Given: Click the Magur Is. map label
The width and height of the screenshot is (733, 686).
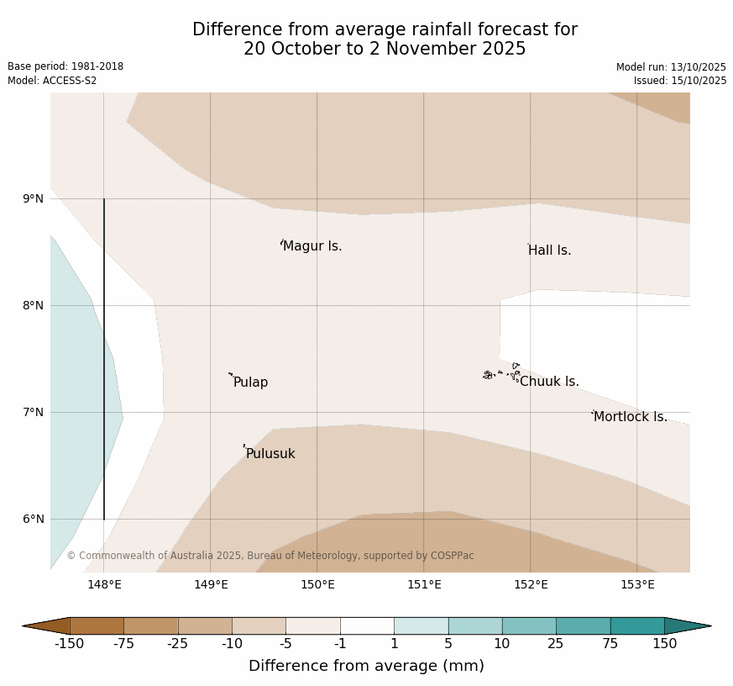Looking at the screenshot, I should click(x=312, y=246).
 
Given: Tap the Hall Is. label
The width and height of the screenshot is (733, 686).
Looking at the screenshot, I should click(x=550, y=251).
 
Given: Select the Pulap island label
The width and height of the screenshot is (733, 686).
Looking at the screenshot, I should click(x=250, y=383).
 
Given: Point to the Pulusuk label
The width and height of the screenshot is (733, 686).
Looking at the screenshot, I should click(x=270, y=454).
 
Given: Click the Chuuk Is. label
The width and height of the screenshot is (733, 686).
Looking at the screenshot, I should click(x=549, y=382).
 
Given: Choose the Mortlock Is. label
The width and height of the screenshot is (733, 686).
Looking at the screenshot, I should click(x=630, y=417).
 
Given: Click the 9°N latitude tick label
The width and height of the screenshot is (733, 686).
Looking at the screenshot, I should click(x=33, y=199).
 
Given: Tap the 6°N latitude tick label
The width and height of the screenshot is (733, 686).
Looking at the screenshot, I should click(x=33, y=520).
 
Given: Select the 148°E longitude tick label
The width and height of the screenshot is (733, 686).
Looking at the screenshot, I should click(x=104, y=585).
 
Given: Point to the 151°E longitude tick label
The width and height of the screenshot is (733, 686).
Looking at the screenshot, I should click(x=424, y=585).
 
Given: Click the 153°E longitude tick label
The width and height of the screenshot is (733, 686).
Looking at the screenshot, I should click(x=637, y=585).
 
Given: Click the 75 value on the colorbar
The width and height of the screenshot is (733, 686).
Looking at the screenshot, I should click(x=610, y=644).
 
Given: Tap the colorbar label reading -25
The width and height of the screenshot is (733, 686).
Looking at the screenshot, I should click(x=178, y=644).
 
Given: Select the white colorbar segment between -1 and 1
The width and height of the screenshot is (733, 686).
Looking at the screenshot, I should click(x=367, y=625).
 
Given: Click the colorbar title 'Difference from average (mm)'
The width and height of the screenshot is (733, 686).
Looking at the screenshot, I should click(x=366, y=666).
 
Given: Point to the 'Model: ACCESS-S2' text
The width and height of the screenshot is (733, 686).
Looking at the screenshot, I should click(x=52, y=81).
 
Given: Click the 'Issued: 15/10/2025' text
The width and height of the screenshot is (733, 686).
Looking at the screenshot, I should click(x=680, y=81).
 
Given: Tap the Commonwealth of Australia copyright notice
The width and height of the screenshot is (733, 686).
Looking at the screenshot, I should click(x=270, y=556).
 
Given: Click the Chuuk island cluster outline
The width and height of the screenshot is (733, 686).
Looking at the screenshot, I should click(x=501, y=373).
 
